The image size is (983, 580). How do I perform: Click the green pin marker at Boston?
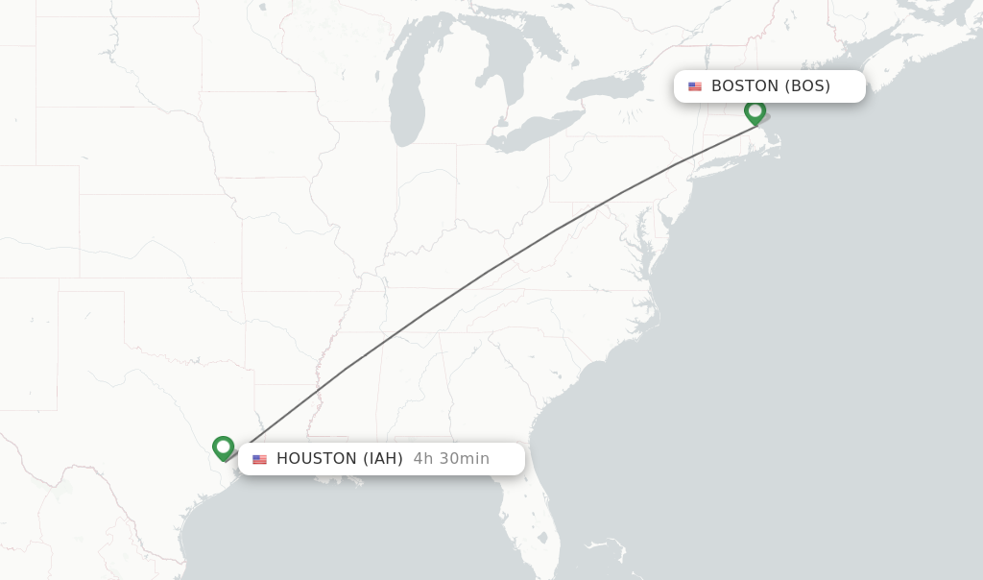coord(755,111)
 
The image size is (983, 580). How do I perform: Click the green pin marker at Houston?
coord(223,447)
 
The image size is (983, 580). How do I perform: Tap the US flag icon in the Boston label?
coord(695,86)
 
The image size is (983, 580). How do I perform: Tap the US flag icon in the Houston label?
coord(259,459)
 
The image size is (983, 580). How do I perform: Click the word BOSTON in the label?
coord(744,86)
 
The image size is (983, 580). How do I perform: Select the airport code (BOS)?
coord(807,86)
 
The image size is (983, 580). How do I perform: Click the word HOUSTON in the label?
coord(317,459)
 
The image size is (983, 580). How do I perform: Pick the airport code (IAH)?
coord(382,459)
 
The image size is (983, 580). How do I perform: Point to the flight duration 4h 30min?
coord(451,459)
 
